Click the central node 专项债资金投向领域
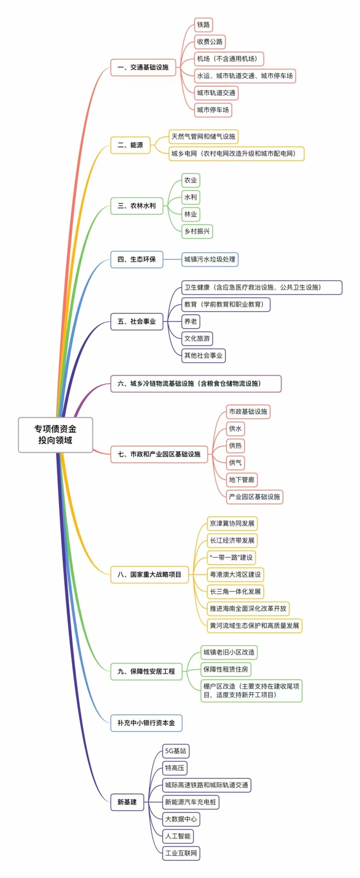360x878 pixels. [55, 435]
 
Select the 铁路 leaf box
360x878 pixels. [203, 25]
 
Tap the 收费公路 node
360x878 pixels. [210, 42]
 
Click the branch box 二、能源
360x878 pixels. [130, 145]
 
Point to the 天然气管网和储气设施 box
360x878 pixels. [203, 136]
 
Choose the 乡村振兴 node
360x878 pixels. [197, 231]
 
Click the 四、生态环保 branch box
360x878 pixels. [136, 259]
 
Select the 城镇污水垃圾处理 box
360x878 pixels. [210, 259]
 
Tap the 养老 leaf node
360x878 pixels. [190, 322]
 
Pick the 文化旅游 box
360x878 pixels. [197, 338]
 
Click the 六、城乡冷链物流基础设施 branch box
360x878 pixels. [195, 384]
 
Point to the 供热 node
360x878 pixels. [235, 445]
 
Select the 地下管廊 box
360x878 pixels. [242, 480]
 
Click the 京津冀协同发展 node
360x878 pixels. [232, 523]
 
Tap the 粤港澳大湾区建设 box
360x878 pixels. [235, 574]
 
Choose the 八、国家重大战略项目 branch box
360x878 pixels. [149, 574]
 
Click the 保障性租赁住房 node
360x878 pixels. [226, 669]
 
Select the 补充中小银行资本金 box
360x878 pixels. [146, 723]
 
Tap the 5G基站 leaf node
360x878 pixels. [175, 751]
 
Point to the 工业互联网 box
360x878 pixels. [181, 853]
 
